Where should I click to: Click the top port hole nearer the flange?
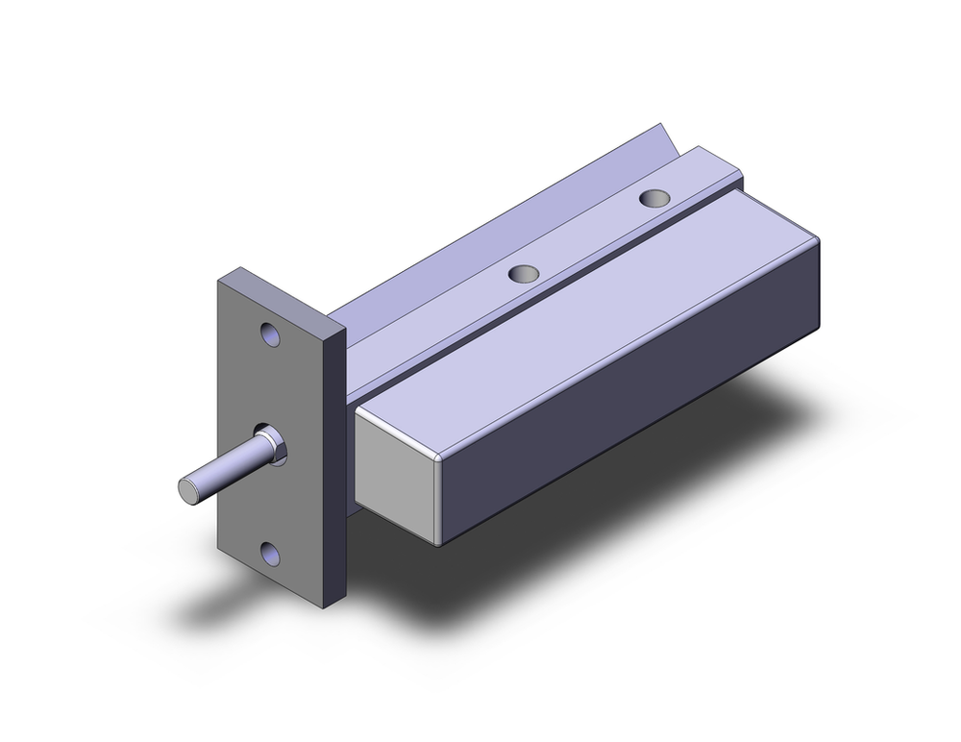point(525,274)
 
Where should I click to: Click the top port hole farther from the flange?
point(655,198)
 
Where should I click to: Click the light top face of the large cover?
point(577,308)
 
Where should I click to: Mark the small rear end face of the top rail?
point(736,180)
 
